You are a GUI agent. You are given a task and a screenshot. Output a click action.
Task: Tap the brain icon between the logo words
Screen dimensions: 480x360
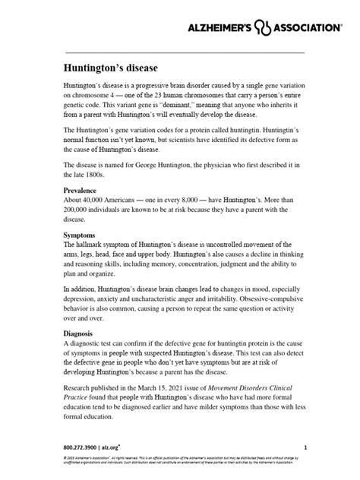click(263, 27)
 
